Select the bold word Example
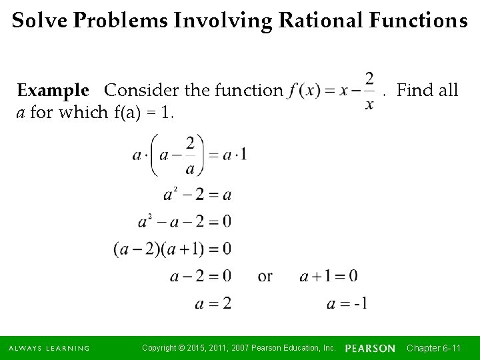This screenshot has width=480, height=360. [53, 90]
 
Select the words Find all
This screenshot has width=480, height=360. [427, 90]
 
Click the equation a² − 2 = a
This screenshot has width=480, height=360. [197, 195]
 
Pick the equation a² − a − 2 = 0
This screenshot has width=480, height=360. [185, 221]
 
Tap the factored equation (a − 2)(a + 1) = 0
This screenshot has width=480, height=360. [173, 249]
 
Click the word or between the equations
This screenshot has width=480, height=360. [265, 275]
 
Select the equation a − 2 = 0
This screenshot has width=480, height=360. [201, 275]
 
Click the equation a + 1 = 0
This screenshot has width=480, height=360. [329, 275]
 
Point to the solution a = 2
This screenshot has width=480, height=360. [213, 303]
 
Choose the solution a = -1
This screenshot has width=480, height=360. [347, 303]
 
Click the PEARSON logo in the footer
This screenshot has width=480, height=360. [370, 348]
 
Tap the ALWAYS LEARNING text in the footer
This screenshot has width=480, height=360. [49, 348]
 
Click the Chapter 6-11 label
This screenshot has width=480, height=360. [434, 348]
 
